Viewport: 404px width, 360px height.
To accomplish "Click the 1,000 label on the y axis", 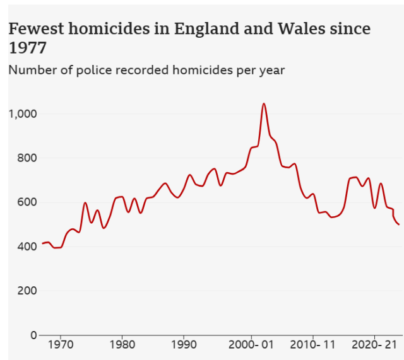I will click(x=23, y=114).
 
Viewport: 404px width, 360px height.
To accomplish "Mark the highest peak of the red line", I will click(x=264, y=103).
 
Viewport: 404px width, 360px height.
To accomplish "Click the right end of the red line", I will click(x=399, y=224).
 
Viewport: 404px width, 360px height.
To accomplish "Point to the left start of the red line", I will click(x=42, y=243).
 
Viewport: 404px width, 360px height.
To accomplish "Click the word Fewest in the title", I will click(x=35, y=29).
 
